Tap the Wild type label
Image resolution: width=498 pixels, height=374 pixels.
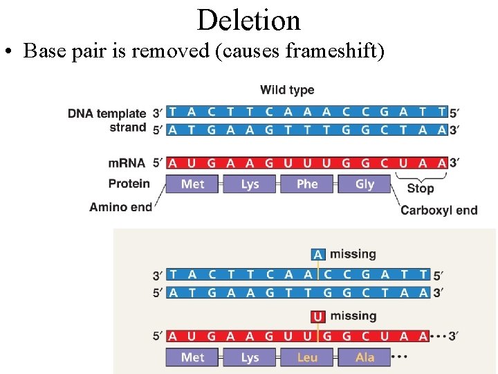pos(286,90)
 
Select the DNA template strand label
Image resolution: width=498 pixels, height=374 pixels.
pos(107,120)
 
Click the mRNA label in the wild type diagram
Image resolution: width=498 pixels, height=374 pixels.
pos(127,163)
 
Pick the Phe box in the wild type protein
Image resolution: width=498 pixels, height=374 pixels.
pos(307,184)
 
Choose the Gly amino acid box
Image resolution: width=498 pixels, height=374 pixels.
pos(365,184)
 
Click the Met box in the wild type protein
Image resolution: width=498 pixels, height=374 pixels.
pos(193,184)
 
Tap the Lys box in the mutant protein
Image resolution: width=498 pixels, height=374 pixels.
pos(250,357)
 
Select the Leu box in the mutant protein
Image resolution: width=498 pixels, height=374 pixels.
pos(307,357)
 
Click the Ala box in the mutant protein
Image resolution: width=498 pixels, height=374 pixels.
pos(365,357)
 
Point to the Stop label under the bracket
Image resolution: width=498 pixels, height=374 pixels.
pos(420,188)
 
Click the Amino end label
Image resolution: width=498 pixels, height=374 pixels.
pos(120,207)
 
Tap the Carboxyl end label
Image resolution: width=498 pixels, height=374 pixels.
pos(439,210)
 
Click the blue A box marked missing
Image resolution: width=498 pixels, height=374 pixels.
pos(317,255)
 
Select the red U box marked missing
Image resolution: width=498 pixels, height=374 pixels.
pos(317,317)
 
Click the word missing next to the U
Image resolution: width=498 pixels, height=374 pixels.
pos(353,317)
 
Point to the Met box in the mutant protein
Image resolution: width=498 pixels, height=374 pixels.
pos(193,357)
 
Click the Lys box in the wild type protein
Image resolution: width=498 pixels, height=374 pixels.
pos(250,184)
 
